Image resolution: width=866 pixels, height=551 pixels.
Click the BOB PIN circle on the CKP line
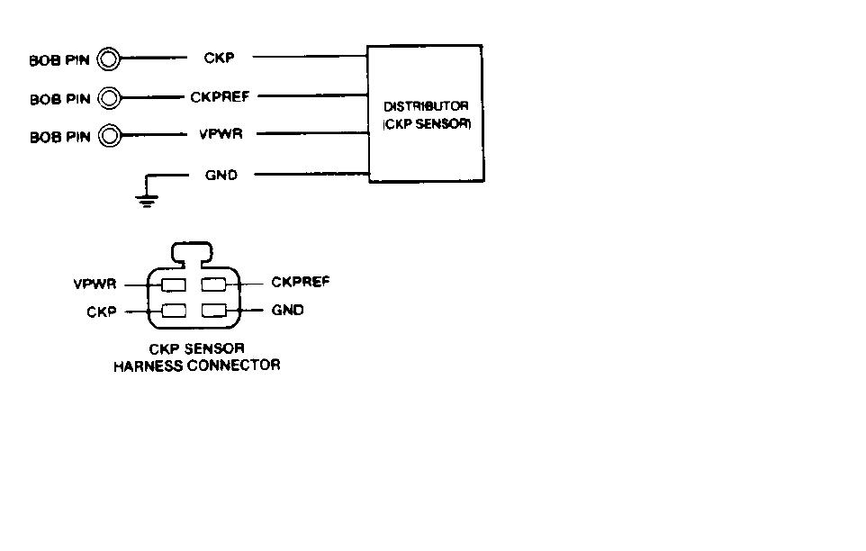108,59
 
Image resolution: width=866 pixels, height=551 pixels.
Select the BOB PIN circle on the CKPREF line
108,97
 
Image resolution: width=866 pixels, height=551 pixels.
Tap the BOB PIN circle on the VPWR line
108,136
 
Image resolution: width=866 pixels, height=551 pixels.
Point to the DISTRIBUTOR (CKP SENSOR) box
426,114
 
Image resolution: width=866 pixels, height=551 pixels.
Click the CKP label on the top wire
220,59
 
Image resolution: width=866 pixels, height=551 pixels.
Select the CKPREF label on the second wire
220,96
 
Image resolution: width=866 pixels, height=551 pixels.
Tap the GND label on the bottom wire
221,175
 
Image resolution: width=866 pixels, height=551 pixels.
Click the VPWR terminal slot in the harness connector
173,285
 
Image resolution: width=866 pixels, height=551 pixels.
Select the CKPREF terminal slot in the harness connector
214,285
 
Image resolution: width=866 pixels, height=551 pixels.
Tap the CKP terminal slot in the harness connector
173,312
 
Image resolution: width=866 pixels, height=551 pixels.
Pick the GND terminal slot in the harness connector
214,312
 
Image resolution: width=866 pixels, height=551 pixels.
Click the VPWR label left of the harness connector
95,285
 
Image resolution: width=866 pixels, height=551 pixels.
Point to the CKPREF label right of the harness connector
301,283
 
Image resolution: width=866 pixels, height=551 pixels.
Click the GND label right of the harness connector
288,311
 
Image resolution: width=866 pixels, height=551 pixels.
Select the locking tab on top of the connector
191,251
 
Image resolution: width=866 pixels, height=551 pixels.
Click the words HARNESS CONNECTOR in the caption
196,366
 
